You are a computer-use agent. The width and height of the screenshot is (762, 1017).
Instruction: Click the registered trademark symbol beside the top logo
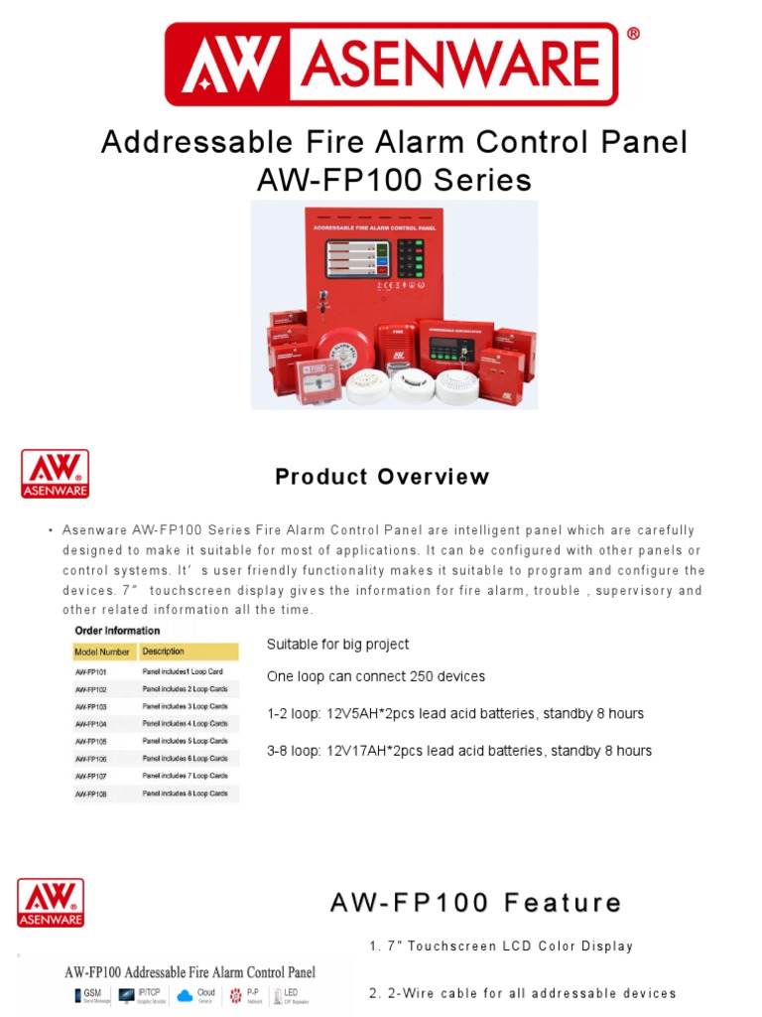[633, 34]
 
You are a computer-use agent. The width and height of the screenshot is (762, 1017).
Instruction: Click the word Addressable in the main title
[182, 142]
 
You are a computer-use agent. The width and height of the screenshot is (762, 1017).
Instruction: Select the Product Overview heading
[382, 477]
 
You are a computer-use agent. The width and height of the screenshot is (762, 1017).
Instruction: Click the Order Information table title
[117, 631]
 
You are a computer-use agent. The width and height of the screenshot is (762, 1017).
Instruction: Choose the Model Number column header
[102, 653]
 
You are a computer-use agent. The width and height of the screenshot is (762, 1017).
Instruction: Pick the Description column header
[163, 653]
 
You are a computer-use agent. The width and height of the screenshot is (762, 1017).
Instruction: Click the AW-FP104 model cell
[91, 724]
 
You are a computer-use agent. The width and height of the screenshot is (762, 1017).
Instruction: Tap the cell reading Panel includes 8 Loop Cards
[185, 794]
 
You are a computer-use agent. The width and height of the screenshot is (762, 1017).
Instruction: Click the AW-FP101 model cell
[91, 672]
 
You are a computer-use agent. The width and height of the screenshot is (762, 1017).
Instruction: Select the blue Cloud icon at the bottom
[185, 995]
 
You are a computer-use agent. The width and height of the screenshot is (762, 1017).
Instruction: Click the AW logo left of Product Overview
[56, 473]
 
